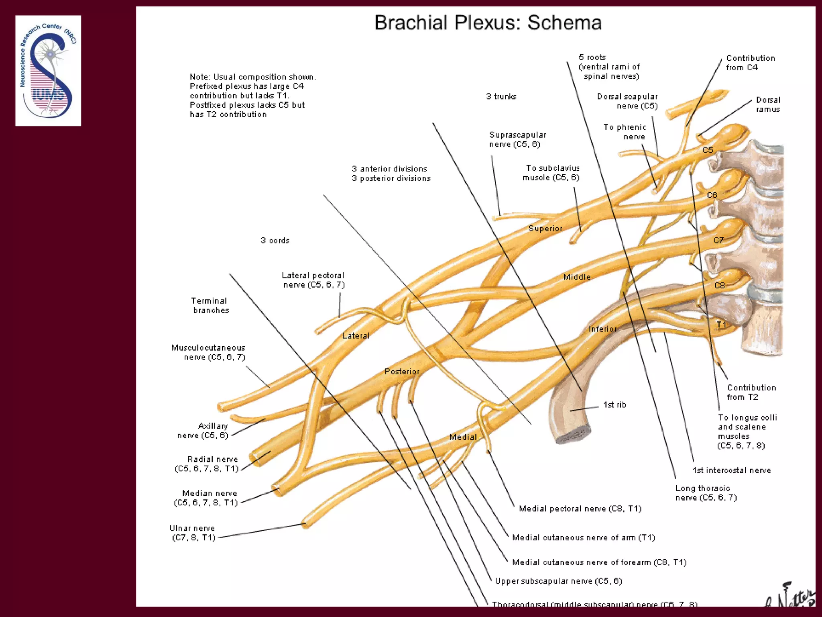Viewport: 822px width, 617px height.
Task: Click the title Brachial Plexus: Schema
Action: point(488,23)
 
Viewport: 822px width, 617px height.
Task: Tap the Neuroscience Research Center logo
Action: point(48,71)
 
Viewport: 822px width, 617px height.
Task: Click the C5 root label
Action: point(708,150)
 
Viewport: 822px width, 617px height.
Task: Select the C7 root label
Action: point(718,240)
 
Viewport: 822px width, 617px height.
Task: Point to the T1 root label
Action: point(721,325)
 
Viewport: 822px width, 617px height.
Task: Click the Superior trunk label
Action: point(545,229)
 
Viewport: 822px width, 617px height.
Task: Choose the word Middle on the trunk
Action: point(577,277)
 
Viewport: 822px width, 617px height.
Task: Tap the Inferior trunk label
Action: point(602,329)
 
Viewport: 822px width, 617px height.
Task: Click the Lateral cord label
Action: point(356,336)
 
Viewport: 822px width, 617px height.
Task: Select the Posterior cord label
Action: point(402,372)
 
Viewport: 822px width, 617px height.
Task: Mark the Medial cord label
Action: point(463,437)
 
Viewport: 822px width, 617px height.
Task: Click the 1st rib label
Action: point(614,405)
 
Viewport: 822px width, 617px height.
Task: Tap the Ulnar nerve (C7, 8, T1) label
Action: point(193,533)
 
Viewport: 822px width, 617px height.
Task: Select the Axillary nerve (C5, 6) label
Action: point(203,431)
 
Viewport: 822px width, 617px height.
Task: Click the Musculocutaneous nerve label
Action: point(208,352)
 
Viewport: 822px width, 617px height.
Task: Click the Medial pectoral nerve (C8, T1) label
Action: point(580,509)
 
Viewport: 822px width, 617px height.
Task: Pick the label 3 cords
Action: point(275,241)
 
